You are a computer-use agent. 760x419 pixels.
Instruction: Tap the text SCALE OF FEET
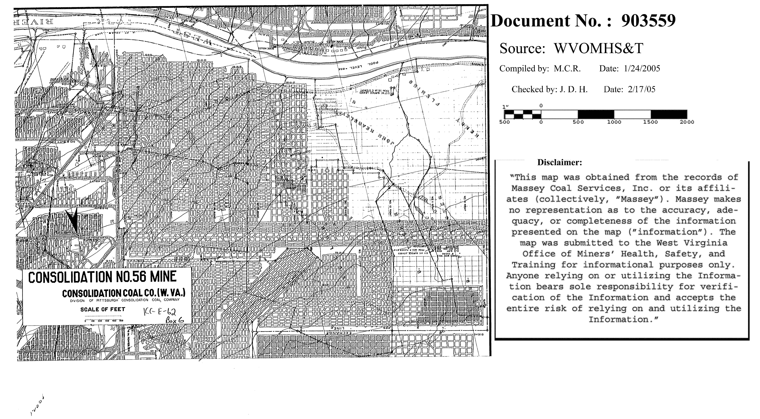[x=103, y=309]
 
